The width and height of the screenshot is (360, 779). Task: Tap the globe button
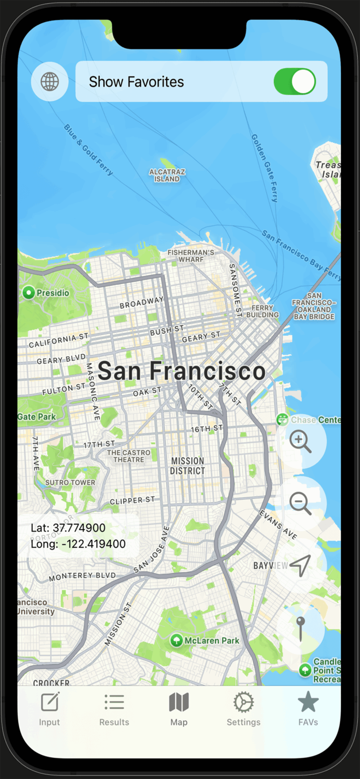tap(50, 82)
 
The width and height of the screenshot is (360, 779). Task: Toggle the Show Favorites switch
tap(294, 82)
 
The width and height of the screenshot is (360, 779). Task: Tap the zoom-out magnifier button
tap(300, 503)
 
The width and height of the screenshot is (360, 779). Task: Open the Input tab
tap(50, 709)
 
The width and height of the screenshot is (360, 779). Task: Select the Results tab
tap(114, 709)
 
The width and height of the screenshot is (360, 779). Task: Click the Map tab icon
tap(179, 703)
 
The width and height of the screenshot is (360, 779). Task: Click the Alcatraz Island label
tap(167, 175)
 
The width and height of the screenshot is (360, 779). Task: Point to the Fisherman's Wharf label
tap(191, 256)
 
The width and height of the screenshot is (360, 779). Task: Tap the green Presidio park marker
tap(29, 293)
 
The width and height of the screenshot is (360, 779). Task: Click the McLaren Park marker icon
tap(176, 640)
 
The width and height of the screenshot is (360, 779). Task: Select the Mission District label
tap(187, 466)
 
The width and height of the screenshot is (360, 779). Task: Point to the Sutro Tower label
tap(70, 482)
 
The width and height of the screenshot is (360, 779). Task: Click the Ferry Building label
tap(262, 311)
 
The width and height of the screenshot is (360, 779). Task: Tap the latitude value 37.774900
tap(79, 528)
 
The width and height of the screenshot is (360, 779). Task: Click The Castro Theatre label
tap(128, 456)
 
